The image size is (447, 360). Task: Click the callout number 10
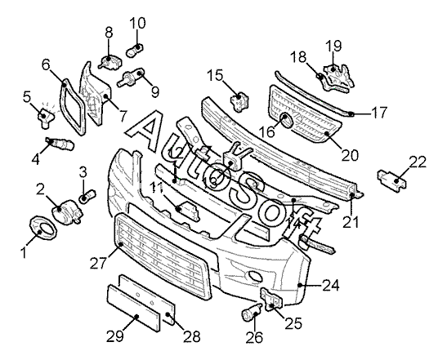pos(137,23)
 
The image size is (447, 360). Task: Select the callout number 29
pos(115,336)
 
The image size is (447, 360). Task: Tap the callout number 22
pos(418,162)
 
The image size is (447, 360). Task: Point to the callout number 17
pos(379,112)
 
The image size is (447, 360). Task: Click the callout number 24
pos(331,285)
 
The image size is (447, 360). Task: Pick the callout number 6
pos(46,64)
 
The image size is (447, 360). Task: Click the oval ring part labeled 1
pos(43,230)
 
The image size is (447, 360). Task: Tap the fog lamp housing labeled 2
pos(67,211)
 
